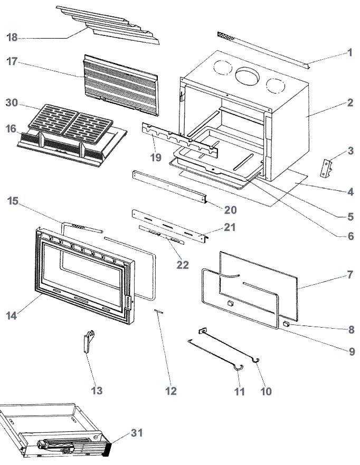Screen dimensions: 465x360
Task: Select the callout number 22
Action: tap(182, 265)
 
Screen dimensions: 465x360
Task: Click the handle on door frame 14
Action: tap(127, 302)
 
